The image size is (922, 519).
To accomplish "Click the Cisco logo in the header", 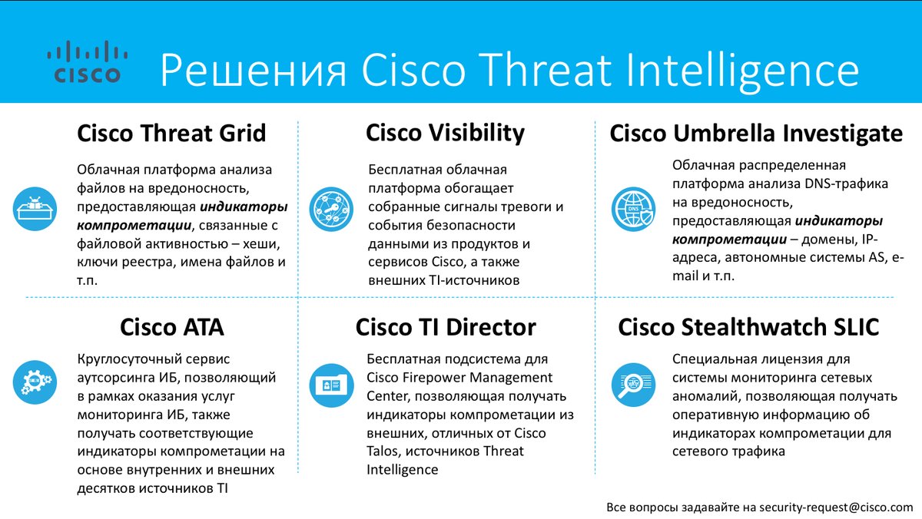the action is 88,61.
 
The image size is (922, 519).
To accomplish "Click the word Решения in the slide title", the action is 254,71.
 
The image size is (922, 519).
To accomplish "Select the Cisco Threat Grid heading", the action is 171,134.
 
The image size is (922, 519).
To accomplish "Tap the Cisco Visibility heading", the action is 446,134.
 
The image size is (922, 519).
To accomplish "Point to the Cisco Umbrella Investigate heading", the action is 756,134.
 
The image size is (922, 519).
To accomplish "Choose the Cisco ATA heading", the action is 172,327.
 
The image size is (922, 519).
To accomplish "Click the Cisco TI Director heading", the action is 446,327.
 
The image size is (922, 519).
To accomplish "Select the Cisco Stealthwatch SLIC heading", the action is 748,327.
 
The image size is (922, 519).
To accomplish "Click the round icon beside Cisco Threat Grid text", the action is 35,209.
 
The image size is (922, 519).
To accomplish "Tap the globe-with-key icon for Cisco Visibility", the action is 331,209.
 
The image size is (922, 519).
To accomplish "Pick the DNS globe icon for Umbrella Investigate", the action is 633,209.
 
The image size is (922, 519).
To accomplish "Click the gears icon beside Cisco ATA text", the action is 35,382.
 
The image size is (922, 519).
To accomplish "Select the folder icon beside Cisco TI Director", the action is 331,385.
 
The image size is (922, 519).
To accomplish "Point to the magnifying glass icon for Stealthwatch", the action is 633,385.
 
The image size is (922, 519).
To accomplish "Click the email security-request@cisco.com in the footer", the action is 837,507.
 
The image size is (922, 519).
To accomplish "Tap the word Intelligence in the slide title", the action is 742,71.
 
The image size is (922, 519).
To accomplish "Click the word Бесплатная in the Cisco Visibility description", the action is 403,170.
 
